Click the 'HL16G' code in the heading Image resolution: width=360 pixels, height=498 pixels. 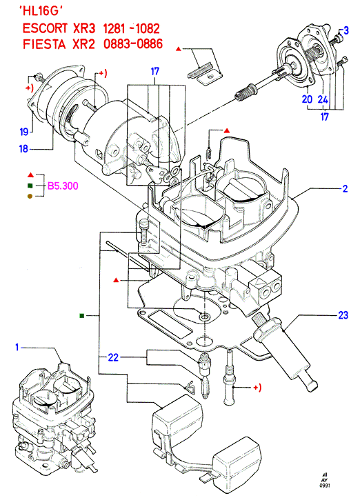[41, 12]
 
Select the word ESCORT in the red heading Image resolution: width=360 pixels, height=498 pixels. [45, 28]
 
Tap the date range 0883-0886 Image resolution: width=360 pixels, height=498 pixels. [133, 43]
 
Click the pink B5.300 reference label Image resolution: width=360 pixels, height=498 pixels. [63, 186]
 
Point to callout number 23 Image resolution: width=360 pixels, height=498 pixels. [343, 315]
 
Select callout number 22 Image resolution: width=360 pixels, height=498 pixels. [113, 357]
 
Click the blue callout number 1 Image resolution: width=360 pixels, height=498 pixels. [17, 347]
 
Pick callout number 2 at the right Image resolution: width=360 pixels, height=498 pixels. [345, 189]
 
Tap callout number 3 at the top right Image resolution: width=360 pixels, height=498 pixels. [346, 30]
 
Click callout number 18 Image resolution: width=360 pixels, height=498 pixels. [24, 148]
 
